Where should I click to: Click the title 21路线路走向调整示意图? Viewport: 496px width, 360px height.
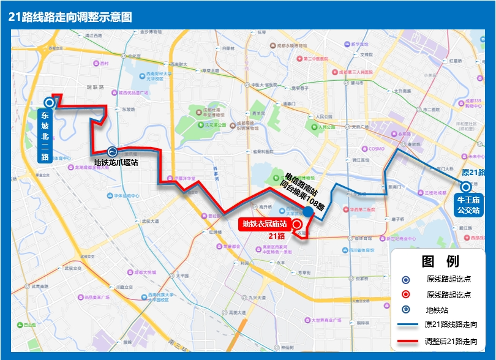coord(70,17)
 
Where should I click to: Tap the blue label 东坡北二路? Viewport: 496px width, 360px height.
coord(45,135)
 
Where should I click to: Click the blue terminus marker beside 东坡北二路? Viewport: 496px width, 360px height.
coord(48,103)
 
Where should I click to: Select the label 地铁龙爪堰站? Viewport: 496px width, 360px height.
coord(116,163)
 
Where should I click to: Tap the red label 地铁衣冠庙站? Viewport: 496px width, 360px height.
coord(264,224)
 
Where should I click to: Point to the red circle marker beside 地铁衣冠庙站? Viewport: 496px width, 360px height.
coord(297,225)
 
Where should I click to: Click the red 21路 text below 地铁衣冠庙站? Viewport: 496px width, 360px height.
coord(277,236)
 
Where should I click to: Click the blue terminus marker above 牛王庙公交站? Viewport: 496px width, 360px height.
coord(466,187)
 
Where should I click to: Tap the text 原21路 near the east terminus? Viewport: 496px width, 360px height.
coord(473,172)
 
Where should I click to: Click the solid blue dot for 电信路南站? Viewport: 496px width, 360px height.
coord(309,211)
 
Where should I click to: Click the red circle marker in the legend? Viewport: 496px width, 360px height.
coord(405,294)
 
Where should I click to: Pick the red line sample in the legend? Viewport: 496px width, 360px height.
coord(406,341)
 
